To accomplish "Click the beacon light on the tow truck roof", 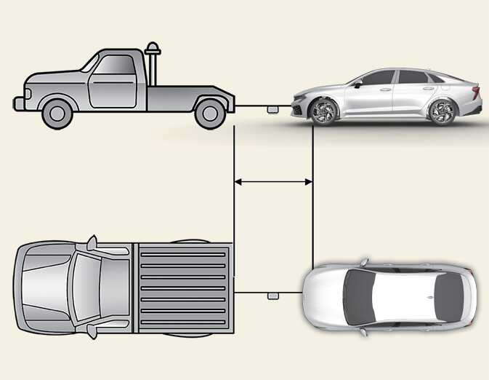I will click(x=153, y=49).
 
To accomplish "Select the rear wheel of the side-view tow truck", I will click(x=211, y=111).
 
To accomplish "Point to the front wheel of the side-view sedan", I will click(x=321, y=111).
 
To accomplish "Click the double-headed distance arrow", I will click(x=272, y=182).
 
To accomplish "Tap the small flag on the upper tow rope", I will click(x=273, y=109).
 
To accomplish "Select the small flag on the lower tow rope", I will click(x=273, y=296).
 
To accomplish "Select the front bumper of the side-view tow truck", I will click(x=18, y=103).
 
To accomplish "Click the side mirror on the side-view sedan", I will click(x=357, y=84).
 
